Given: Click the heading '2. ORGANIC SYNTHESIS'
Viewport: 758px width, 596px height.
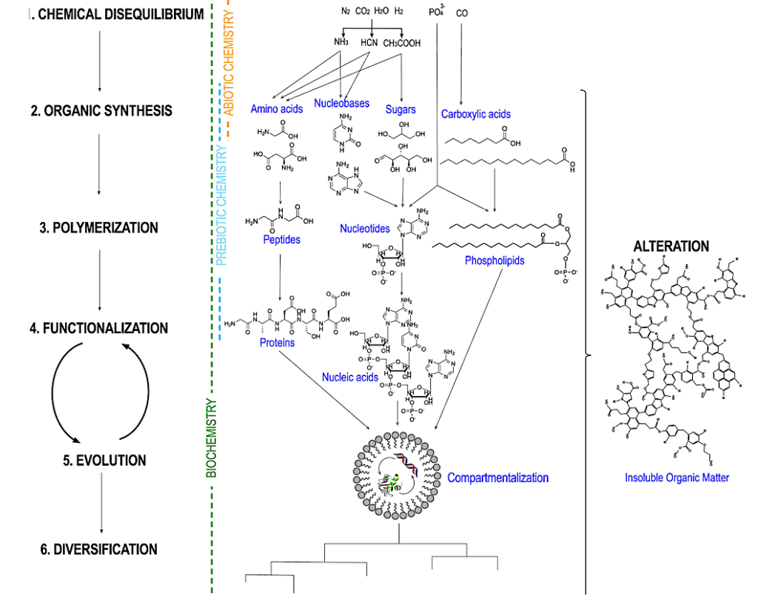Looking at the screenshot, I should pyautogui.click(x=101, y=111).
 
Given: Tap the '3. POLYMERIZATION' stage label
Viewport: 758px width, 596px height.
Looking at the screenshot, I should pyautogui.click(x=98, y=228).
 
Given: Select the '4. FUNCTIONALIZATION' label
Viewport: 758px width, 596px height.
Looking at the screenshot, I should pyautogui.click(x=98, y=328).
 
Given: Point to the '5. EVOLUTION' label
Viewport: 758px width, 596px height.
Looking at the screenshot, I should pyautogui.click(x=104, y=461).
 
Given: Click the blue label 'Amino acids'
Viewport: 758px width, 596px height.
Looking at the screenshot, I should pyautogui.click(x=277, y=109).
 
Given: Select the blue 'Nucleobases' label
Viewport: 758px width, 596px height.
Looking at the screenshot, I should pyautogui.click(x=341, y=104).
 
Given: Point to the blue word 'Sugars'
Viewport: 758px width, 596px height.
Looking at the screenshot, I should pyautogui.click(x=400, y=110).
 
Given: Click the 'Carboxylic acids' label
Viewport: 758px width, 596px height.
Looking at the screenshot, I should pyautogui.click(x=476, y=114).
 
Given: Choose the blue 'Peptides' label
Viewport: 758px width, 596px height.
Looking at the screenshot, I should pyautogui.click(x=281, y=239).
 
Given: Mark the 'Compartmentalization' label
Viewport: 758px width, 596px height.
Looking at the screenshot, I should pyautogui.click(x=497, y=478).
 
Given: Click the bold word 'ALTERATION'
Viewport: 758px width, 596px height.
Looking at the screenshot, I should pyautogui.click(x=671, y=247).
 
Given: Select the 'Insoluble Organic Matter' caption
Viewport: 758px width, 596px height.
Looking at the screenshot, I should pyautogui.click(x=677, y=478).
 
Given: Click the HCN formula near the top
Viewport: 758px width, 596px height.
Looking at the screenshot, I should pyautogui.click(x=369, y=43).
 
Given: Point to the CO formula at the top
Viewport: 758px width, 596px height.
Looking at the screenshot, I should pyautogui.click(x=462, y=13).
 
